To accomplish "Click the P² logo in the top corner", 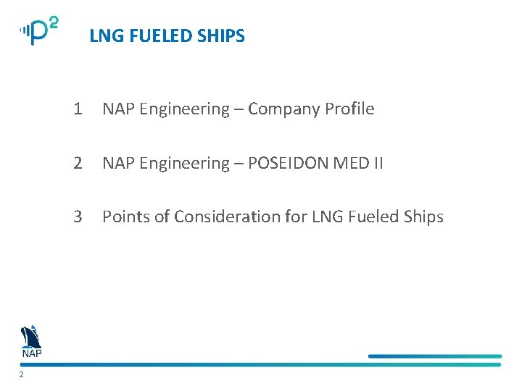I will point(39,31).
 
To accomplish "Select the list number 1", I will point(77,109).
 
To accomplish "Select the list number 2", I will point(78,164).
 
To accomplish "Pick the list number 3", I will point(78,216).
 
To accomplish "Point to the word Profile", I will point(349,109).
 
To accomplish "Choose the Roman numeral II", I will point(378,164).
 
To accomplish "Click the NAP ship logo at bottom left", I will point(31,341).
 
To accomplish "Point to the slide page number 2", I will point(22,375).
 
